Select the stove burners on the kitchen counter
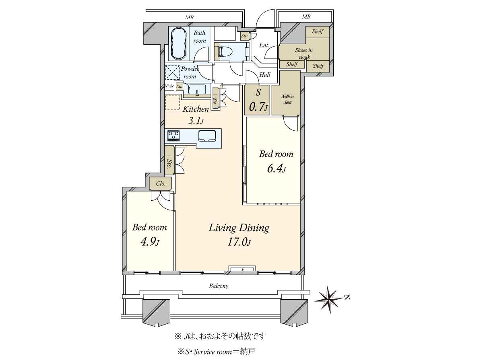click(174, 136)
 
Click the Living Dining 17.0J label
click(238, 234)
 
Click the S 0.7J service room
click(257, 101)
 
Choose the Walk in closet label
click(286, 99)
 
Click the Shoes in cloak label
click(304, 53)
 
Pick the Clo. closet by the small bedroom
click(160, 184)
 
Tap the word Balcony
click(219, 286)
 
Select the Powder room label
click(190, 72)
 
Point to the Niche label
click(169, 86)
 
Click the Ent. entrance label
click(264, 45)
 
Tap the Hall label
click(264, 74)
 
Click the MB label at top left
click(188, 17)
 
